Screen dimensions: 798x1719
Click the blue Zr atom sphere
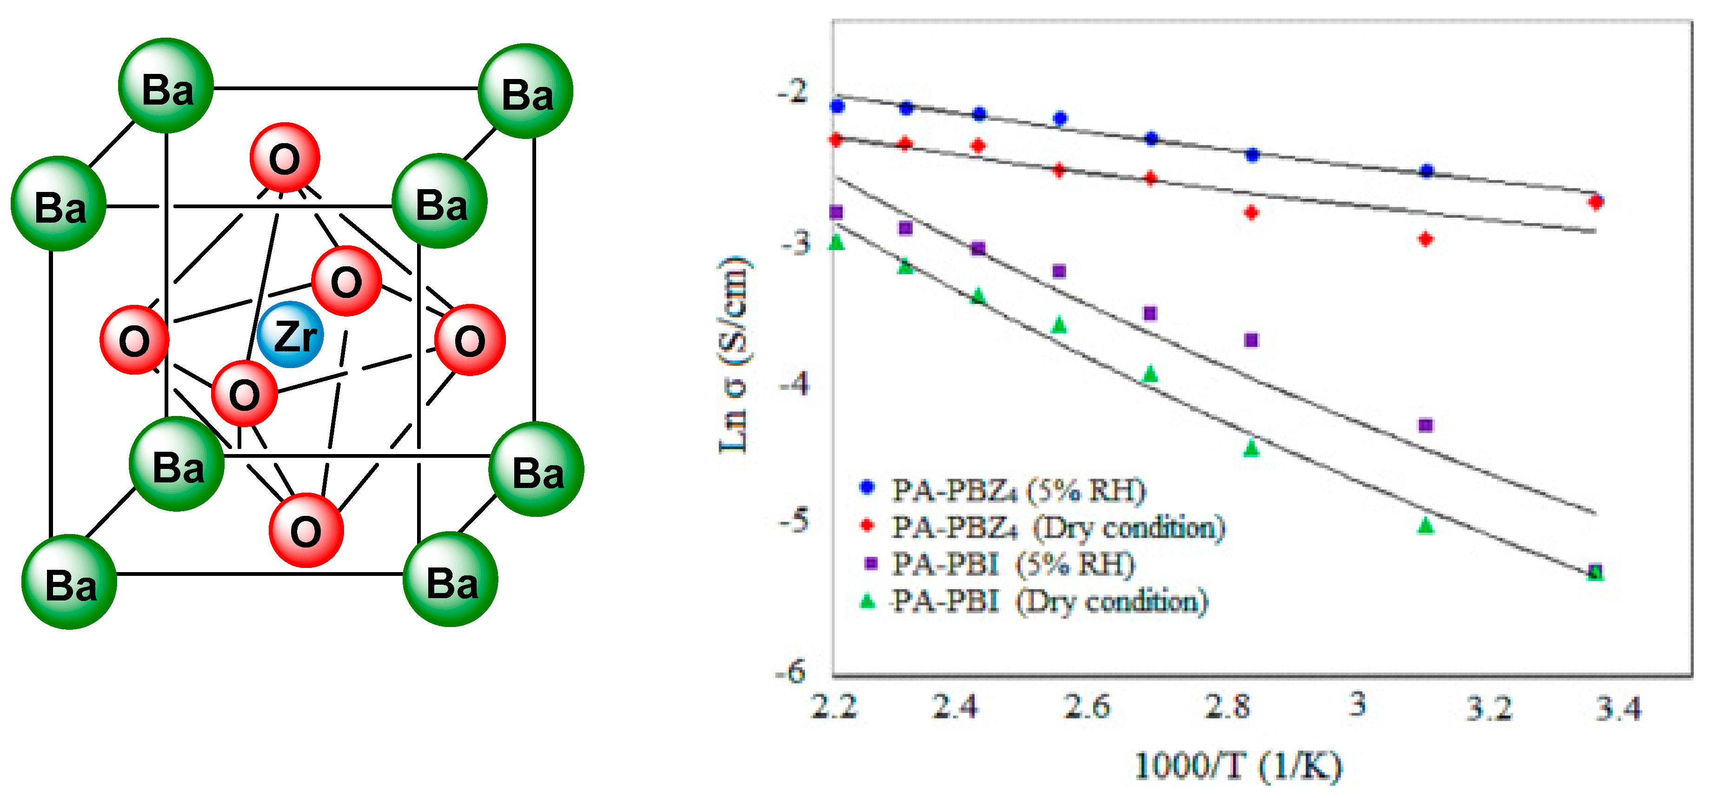coord(290,334)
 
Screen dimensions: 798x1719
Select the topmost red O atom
coord(285,158)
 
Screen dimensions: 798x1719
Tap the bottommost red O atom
coord(306,530)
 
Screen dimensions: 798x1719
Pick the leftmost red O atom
coord(134,340)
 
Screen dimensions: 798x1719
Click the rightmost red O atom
coord(470,340)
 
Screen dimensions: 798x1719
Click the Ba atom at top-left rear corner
coord(166,86)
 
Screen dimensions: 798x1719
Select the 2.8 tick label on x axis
coord(1227,706)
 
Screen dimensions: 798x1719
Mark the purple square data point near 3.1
coord(1425,425)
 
